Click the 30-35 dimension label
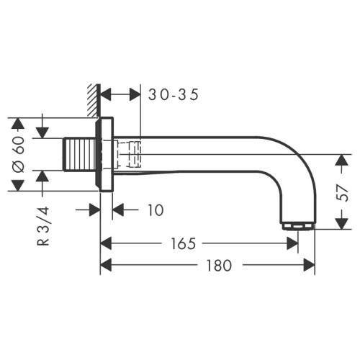tap(174, 94)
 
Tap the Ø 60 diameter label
tap(19, 154)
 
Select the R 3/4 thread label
tap(43, 226)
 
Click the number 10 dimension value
tap(156, 210)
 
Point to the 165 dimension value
tap(183, 243)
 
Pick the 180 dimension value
tap(220, 265)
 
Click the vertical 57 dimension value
tap(343, 193)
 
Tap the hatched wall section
tap(94, 100)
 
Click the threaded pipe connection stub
tap(79, 155)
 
